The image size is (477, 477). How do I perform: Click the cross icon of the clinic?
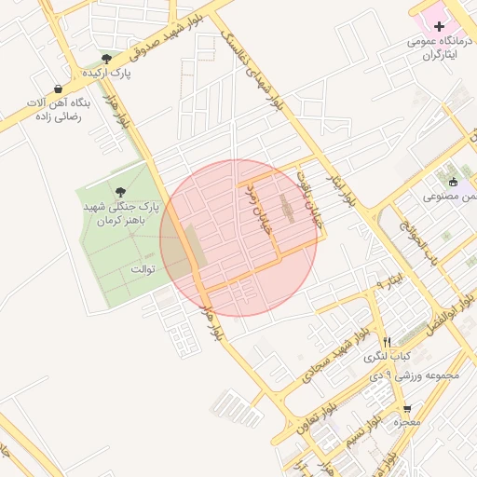[440, 27]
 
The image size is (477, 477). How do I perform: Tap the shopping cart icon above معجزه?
[406, 410]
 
